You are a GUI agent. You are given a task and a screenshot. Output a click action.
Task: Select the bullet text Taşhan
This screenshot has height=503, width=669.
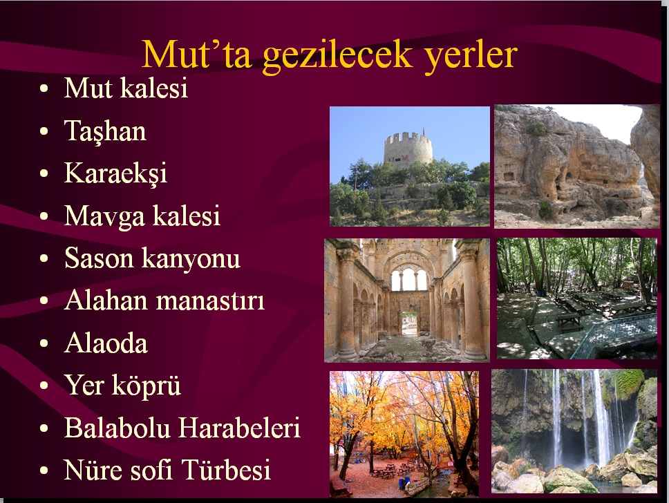[x=105, y=131]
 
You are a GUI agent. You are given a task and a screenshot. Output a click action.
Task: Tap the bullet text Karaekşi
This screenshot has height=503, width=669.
[x=115, y=173]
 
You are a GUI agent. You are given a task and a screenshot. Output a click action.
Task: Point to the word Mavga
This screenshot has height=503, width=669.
[x=104, y=216]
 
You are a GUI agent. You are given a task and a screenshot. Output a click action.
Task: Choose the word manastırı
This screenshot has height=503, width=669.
[x=210, y=300]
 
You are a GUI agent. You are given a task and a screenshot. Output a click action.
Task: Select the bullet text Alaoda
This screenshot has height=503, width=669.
[x=106, y=343]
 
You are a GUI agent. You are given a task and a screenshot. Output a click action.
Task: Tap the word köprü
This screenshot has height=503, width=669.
[x=147, y=386]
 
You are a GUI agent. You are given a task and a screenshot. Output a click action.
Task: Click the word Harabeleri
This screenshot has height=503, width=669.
[x=239, y=427]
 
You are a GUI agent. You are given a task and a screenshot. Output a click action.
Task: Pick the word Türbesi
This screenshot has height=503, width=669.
[x=226, y=470]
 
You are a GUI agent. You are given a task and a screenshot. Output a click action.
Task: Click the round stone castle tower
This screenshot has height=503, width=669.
[x=408, y=149]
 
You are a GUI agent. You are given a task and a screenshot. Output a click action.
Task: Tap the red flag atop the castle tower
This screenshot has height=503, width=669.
[x=424, y=131]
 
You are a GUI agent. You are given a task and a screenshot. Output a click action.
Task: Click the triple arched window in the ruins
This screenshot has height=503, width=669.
[x=408, y=279]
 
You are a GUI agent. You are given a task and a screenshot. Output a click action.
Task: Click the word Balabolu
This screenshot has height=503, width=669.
[x=117, y=427]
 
